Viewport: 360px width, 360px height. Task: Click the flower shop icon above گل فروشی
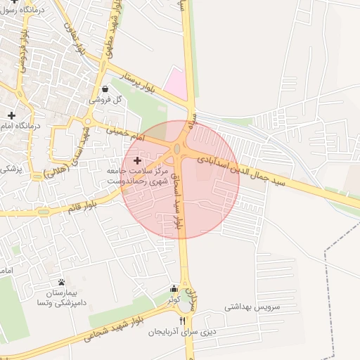coord(105,89)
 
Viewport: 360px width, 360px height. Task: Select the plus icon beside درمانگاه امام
coord(11,115)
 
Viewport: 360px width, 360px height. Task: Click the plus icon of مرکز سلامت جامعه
coord(136,162)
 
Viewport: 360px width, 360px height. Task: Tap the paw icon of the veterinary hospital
coord(61,282)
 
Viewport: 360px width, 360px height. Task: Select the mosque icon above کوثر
coord(174,288)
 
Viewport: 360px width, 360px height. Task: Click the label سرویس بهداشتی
coord(252,307)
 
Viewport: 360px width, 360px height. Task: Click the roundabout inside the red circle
coord(179,150)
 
